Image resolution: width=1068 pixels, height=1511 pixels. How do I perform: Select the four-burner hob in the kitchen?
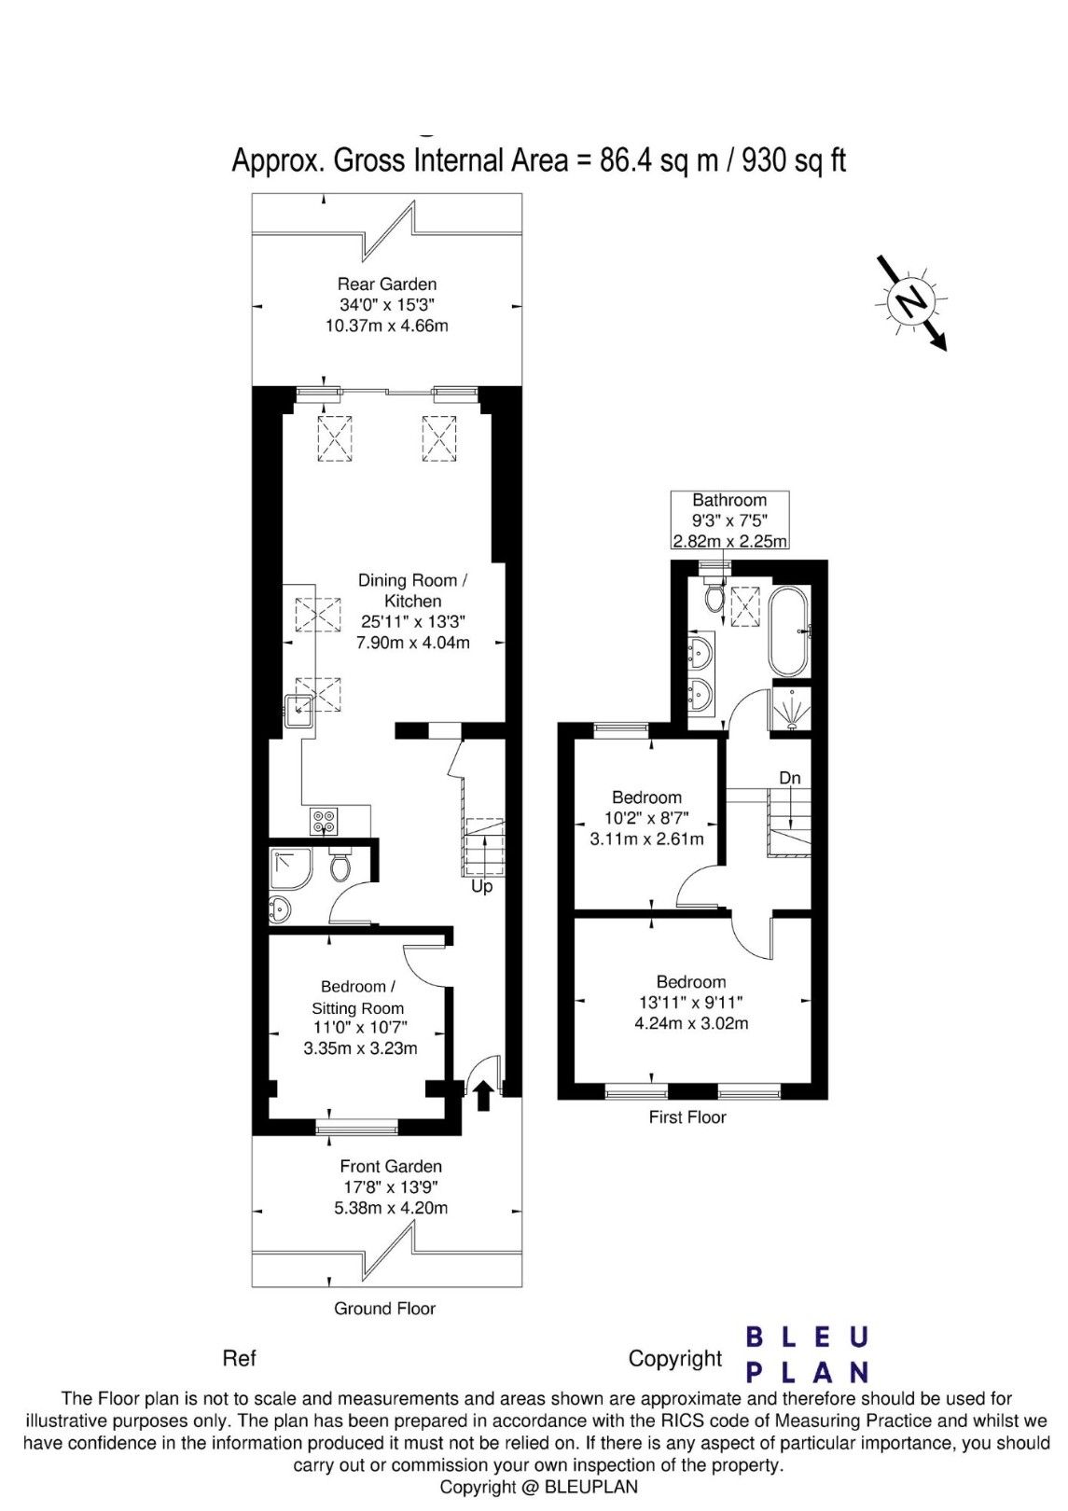pos(324,821)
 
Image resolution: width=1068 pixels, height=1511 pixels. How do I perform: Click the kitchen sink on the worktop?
pos(298,711)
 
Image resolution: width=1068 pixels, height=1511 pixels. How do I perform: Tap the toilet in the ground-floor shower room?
pos(340,866)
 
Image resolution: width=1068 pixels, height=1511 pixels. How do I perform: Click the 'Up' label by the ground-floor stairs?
pos(481,886)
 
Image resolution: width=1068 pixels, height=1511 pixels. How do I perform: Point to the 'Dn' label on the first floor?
pos(789,778)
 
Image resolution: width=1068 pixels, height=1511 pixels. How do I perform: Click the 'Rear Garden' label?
pos(387,284)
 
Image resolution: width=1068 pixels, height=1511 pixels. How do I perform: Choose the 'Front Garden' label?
pos(391,1166)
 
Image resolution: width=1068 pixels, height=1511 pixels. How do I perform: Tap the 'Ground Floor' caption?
pos(384,1309)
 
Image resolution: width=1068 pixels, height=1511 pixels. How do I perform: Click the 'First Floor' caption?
pos(687,1117)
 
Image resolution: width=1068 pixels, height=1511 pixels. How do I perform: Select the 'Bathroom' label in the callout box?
pos(729,500)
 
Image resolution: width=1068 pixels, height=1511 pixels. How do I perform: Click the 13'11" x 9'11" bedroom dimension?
pos(691,1002)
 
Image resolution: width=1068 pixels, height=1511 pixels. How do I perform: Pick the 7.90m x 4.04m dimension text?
pos(413,642)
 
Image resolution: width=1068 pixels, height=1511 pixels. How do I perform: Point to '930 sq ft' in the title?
pos(794,162)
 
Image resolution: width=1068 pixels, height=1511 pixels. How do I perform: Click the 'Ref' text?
pos(240,1358)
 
